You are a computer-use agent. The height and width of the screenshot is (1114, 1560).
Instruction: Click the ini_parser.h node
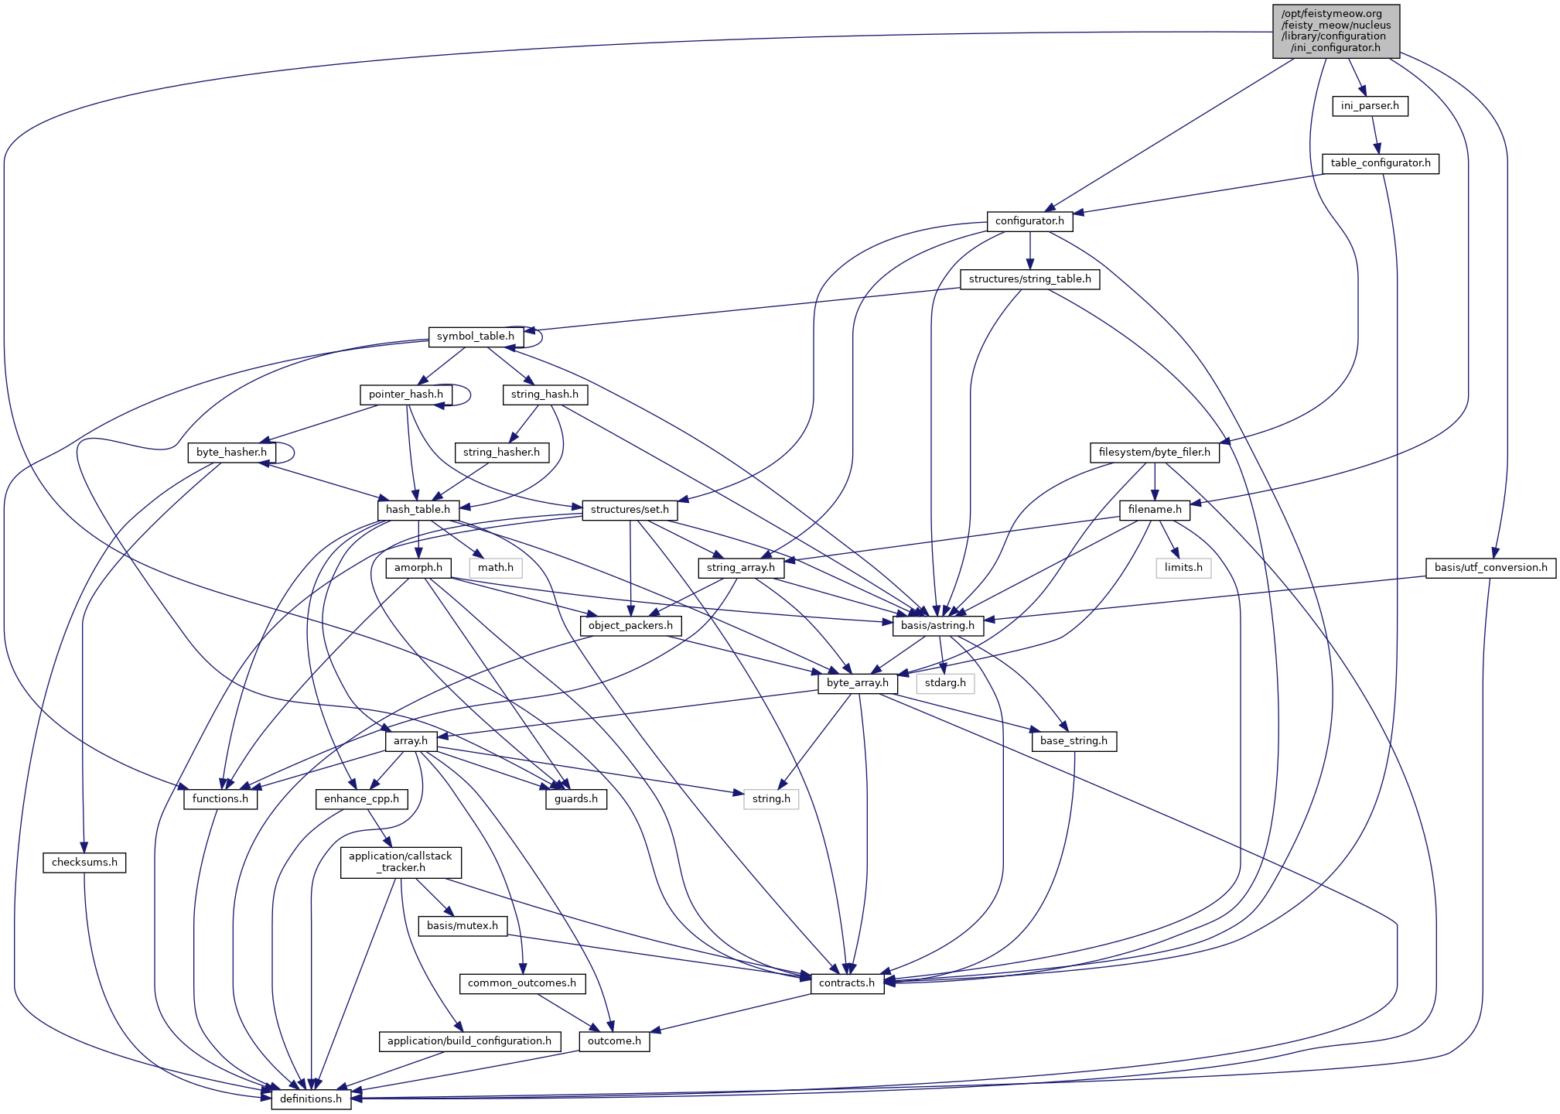coord(1369,106)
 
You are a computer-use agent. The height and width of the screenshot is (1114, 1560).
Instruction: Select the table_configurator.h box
coord(1380,163)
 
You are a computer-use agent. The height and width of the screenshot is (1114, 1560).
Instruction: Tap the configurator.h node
coord(1029,221)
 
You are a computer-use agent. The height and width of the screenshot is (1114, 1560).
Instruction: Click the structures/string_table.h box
coord(1029,279)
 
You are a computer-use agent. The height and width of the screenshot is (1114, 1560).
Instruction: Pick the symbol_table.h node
coord(475,337)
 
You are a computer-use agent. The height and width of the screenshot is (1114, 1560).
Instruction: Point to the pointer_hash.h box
coord(405,395)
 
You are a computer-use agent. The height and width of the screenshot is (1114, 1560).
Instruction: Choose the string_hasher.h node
coord(501,452)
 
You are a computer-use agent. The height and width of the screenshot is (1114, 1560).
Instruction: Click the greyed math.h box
coord(496,568)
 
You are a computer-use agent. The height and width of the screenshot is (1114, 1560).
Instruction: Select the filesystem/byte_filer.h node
coord(1154,453)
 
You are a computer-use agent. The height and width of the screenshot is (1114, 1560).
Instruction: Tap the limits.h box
coord(1183,568)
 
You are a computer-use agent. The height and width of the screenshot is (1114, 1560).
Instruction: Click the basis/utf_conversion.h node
coord(1490,568)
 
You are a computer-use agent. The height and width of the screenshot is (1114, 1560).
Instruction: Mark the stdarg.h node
coord(945,683)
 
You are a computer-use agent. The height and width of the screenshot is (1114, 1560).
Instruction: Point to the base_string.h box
coord(1074,741)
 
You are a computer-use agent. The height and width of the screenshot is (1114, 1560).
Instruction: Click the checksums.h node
coord(84,863)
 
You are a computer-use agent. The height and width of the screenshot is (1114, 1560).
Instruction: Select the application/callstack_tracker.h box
coord(401,862)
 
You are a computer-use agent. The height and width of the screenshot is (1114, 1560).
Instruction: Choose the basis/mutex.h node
coord(463,926)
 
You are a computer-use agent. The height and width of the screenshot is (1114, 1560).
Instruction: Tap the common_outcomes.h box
coord(521,983)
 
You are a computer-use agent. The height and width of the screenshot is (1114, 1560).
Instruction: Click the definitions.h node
coord(310,1099)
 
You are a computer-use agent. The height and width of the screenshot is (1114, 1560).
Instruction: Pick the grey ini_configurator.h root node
coord(1336,31)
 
